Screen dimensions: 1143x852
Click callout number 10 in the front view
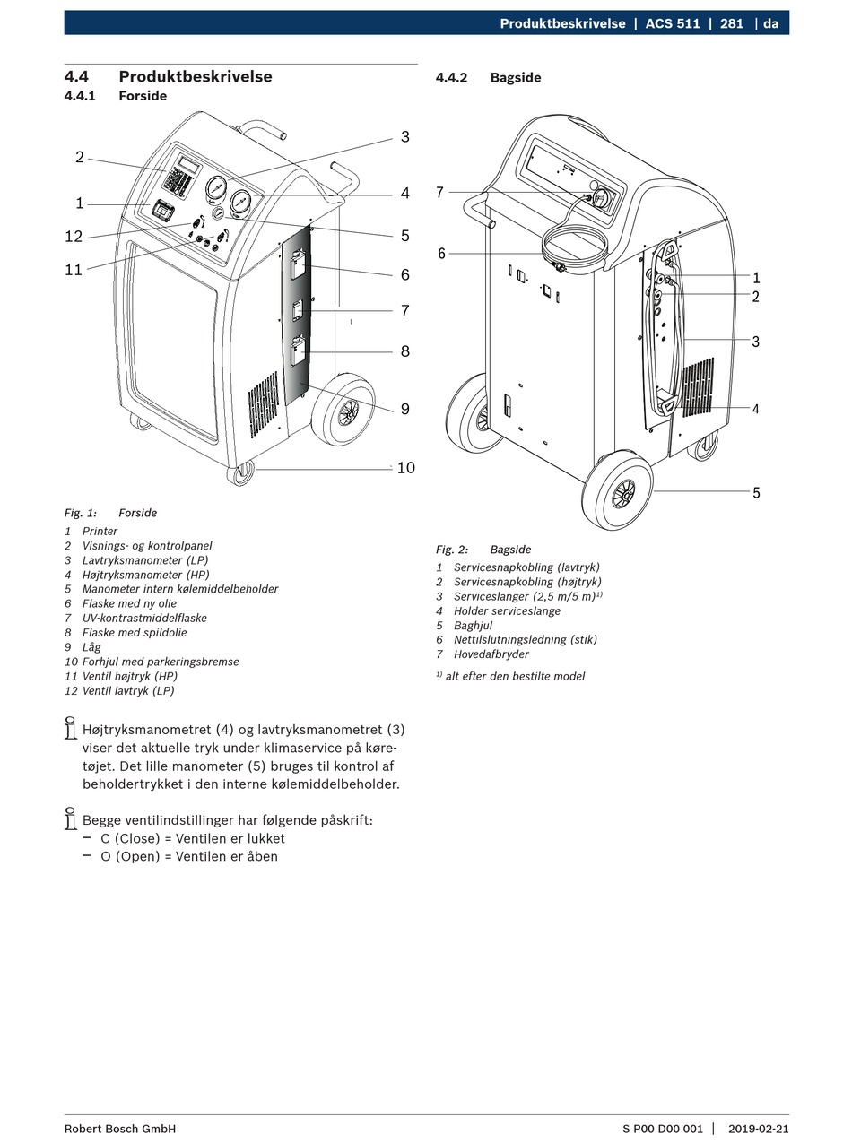tap(405, 468)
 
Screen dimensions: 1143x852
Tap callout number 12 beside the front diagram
tap(74, 237)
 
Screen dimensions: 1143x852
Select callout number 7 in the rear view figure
tap(439, 193)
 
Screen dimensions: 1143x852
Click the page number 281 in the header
tap(732, 23)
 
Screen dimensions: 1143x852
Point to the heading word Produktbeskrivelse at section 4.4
tap(196, 77)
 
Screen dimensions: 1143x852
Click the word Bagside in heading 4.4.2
tap(516, 78)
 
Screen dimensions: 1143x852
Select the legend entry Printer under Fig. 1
tap(100, 532)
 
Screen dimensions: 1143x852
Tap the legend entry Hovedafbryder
tap(491, 654)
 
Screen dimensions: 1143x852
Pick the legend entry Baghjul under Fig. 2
tap(474, 626)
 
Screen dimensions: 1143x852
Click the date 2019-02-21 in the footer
tap(759, 1129)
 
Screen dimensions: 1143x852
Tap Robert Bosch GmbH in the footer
tap(120, 1129)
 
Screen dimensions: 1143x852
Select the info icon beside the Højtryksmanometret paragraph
tap(70, 729)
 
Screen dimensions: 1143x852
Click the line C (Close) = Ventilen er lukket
tap(193, 839)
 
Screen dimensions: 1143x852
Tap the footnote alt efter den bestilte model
tap(515, 677)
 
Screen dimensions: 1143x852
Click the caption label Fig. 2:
tap(452, 550)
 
